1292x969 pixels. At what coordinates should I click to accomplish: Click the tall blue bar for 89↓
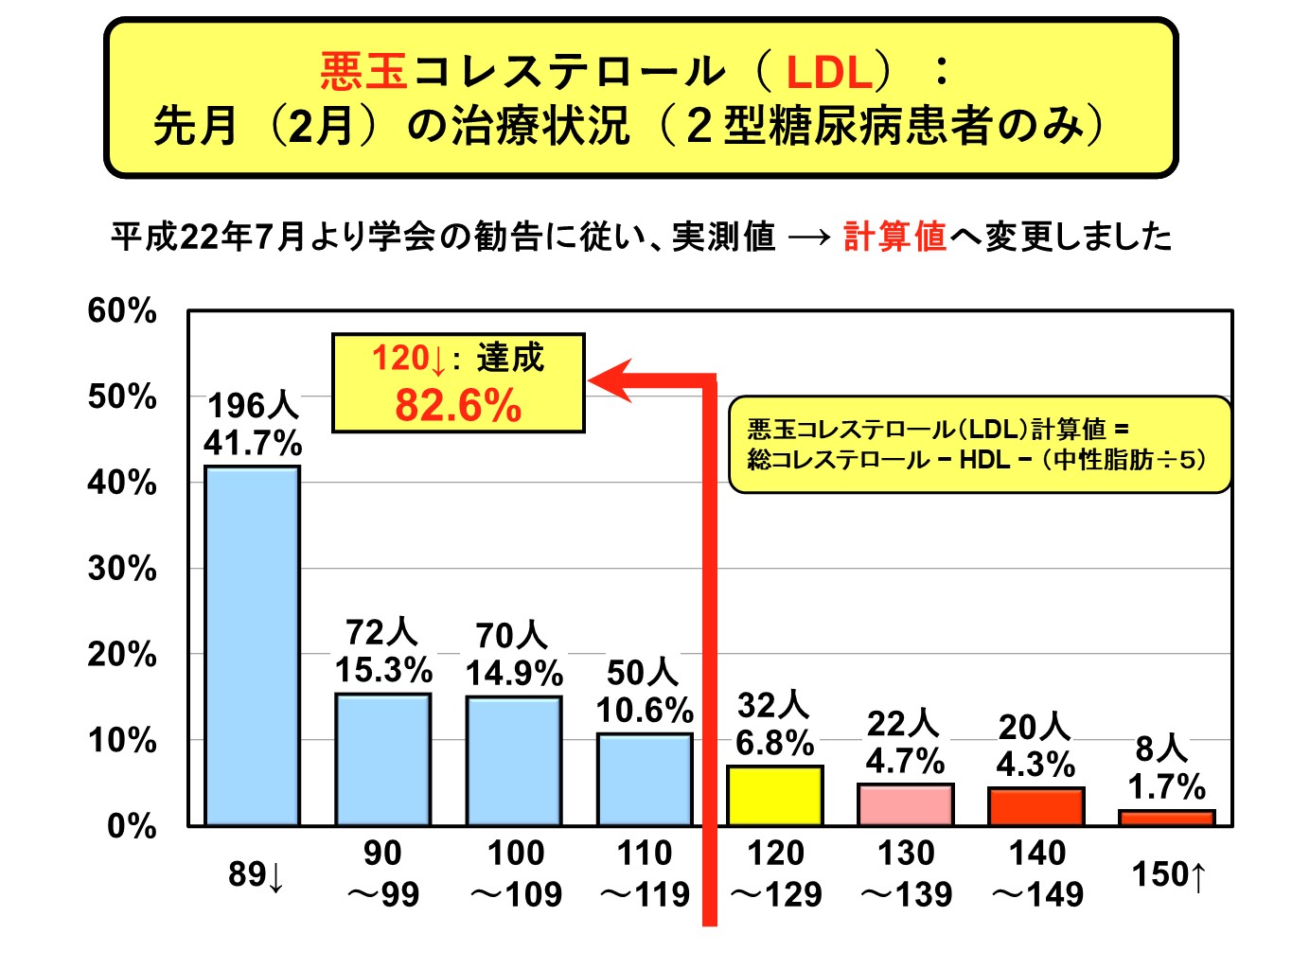tap(253, 645)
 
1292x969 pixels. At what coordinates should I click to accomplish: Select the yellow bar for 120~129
tap(774, 796)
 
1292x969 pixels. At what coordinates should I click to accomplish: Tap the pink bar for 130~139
tap(905, 804)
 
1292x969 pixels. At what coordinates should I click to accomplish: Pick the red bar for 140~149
tap(1035, 806)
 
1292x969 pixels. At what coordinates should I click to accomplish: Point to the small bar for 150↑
tap(1166, 818)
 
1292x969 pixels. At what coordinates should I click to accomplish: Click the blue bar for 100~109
tap(514, 761)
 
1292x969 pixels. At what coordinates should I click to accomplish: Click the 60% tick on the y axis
tap(122, 310)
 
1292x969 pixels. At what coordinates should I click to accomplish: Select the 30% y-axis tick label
tap(122, 569)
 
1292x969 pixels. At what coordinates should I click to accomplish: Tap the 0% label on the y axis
tap(132, 826)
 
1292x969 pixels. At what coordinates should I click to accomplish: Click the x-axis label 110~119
tap(645, 873)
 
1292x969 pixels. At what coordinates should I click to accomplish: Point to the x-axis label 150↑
tap(1170, 874)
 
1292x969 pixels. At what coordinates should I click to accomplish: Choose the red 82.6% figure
tap(458, 406)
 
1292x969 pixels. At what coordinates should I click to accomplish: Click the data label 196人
tap(253, 405)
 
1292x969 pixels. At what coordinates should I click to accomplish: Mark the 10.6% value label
tap(645, 710)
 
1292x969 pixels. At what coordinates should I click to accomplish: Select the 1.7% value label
tap(1166, 786)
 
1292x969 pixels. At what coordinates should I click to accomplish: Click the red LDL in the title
tap(829, 73)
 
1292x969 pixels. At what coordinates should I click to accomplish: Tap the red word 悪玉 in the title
tap(363, 71)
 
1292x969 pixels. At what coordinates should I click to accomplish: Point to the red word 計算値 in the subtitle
tap(894, 236)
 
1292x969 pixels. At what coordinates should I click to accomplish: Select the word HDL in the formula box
tap(984, 460)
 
